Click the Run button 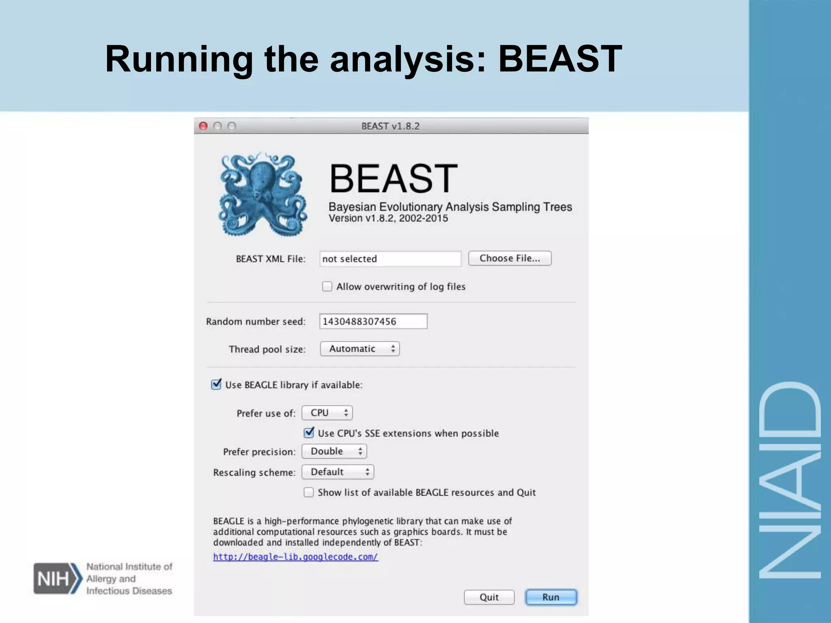click(x=551, y=597)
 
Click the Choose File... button click(x=510, y=258)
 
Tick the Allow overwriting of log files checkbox click(x=327, y=286)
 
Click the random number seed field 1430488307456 click(x=373, y=321)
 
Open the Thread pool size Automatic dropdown click(x=360, y=349)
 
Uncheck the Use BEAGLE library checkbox click(x=216, y=385)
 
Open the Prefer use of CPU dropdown click(x=327, y=413)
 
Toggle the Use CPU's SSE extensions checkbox click(x=309, y=433)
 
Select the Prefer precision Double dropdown click(x=334, y=451)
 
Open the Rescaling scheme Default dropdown click(x=338, y=472)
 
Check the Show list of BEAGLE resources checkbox click(x=309, y=492)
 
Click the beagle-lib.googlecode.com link click(x=295, y=557)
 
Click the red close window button click(x=203, y=126)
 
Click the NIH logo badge click(x=57, y=578)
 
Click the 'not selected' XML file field click(x=390, y=259)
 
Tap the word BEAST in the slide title click(x=560, y=59)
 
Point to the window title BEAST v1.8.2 click(x=390, y=126)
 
